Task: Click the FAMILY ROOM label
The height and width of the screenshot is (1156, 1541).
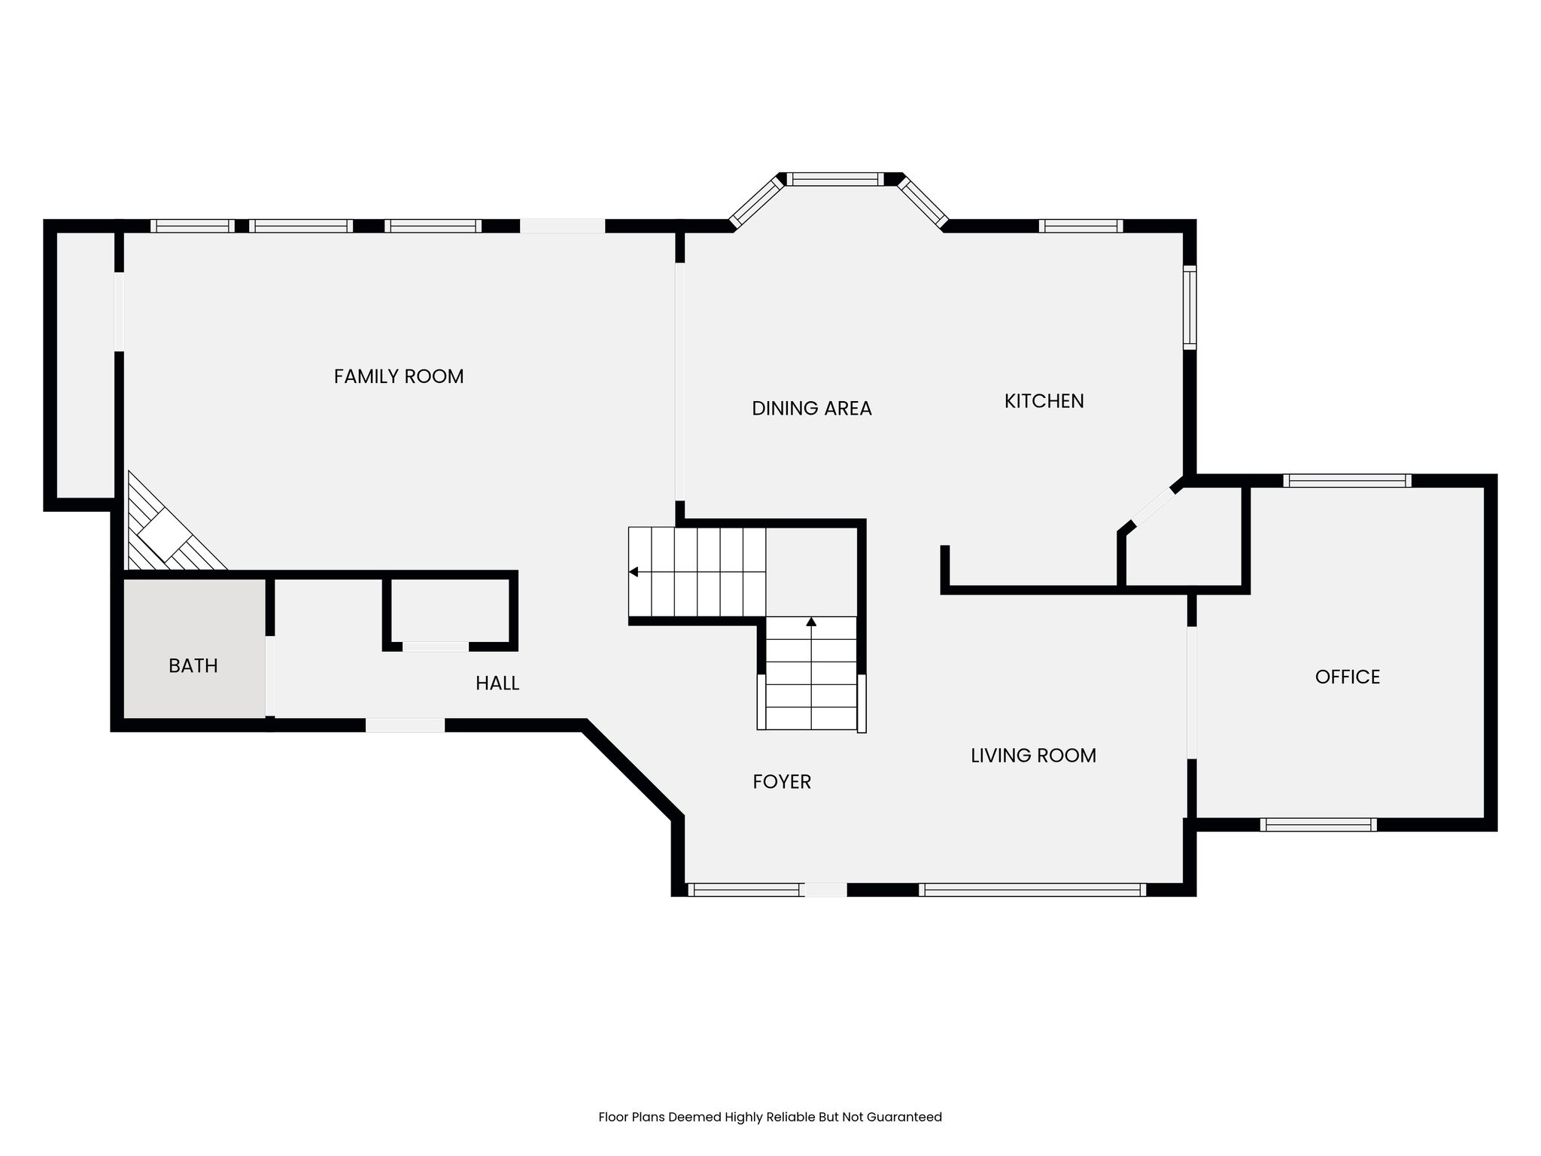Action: coord(399,376)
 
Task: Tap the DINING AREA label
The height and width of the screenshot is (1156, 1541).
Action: coord(812,409)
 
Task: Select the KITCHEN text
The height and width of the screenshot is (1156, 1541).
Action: coord(1044,401)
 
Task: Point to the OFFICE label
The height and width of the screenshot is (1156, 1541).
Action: coord(1348,677)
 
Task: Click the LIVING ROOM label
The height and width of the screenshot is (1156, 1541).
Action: coord(1033,756)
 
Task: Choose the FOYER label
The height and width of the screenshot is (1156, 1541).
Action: coord(782,782)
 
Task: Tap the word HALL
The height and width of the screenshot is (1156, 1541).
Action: coord(497,683)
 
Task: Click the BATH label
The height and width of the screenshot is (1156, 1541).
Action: coord(193,666)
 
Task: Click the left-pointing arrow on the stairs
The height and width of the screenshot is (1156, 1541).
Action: coord(634,572)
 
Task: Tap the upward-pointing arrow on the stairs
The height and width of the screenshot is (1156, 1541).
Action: coord(811,622)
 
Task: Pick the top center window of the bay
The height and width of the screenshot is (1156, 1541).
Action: coord(835,179)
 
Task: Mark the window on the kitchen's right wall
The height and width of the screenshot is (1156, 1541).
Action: coord(1190,307)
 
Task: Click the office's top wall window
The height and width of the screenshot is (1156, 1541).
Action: coord(1347,480)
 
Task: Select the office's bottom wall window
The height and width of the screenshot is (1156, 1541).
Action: coord(1318,825)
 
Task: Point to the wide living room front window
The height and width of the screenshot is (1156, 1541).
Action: coord(1032,890)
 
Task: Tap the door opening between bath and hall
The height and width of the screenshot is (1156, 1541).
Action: coord(270,677)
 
